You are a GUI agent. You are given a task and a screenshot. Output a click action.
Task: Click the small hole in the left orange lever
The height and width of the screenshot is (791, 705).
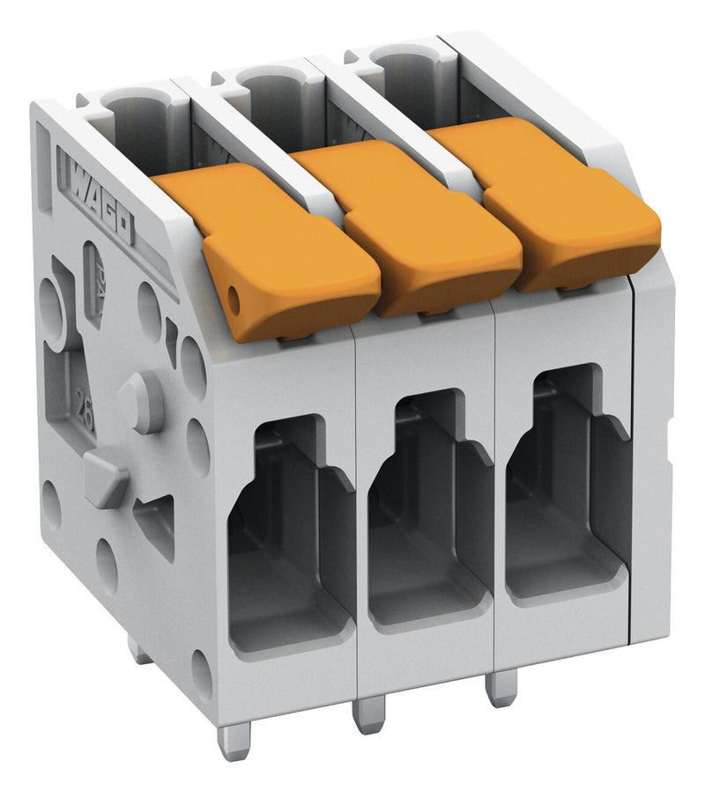point(235,301)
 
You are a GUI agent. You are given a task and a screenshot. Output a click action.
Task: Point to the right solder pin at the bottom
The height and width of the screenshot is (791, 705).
point(500,687)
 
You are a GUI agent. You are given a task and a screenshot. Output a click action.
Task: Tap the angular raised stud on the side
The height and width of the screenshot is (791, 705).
point(106,476)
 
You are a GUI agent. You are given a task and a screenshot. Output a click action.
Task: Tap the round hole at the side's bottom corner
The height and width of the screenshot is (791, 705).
point(201,673)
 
